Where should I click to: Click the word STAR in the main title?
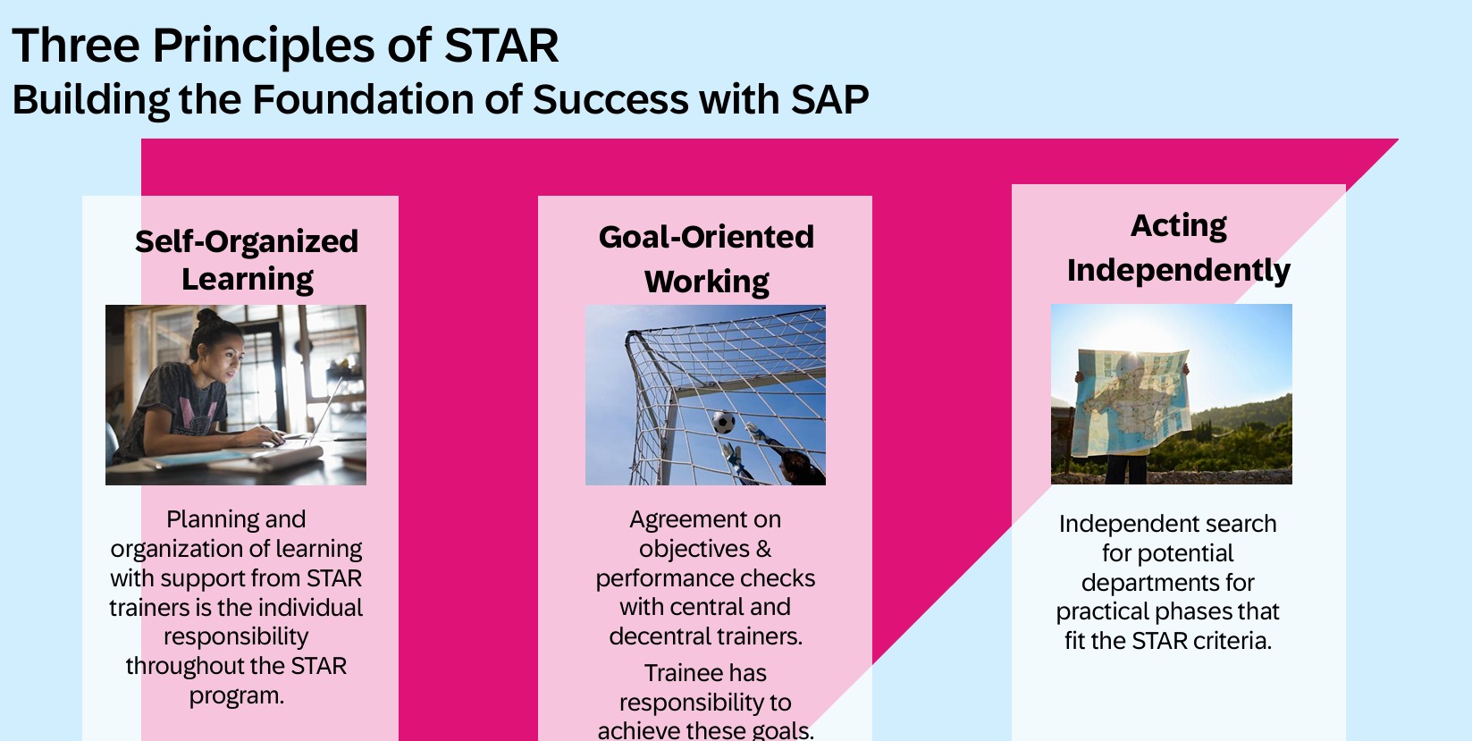pos(500,46)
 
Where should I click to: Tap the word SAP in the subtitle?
pos(829,99)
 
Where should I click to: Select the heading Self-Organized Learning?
pos(247,260)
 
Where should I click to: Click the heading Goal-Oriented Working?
pos(706,259)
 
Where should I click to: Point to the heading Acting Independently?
pos(1178,248)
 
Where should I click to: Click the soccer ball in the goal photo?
pos(724,422)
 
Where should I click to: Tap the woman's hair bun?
pos(207,317)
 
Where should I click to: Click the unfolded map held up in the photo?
pos(1131,401)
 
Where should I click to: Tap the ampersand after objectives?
pos(763,549)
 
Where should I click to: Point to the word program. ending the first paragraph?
pos(237,696)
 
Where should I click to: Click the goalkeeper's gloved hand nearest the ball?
pos(753,431)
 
